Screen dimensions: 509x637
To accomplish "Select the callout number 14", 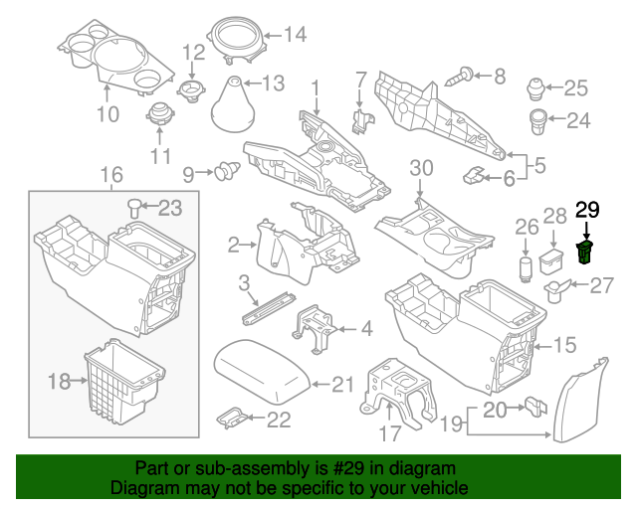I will click(x=295, y=36).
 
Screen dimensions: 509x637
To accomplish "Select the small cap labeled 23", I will click(x=132, y=208).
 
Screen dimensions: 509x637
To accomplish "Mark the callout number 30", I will click(x=421, y=167).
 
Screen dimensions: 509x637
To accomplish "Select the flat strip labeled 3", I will click(x=269, y=307).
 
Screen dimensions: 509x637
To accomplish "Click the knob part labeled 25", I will click(x=537, y=89).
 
